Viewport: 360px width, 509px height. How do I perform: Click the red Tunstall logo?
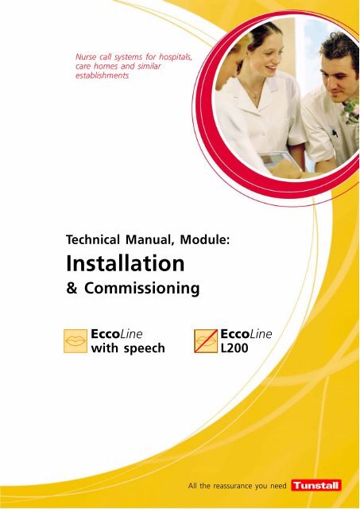pos(316,485)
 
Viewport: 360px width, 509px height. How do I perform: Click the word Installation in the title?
pos(126,263)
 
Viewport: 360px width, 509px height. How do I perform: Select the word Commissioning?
pos(142,288)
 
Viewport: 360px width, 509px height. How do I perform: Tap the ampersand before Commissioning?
pos(72,288)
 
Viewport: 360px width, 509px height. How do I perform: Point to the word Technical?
pos(93,239)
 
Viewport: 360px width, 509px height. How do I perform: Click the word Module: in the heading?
pos(205,239)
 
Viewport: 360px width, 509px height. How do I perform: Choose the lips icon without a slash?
pos(75,341)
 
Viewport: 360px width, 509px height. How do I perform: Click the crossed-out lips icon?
pos(206,341)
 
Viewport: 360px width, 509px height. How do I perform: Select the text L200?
pos(234,348)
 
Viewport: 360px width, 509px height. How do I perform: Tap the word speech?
pos(145,348)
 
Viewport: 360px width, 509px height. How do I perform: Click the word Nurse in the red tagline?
pos(86,56)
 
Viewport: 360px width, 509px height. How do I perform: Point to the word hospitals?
pos(175,57)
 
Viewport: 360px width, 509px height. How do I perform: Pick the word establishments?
pos(103,76)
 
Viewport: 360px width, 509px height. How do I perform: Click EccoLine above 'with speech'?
pos(117,334)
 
